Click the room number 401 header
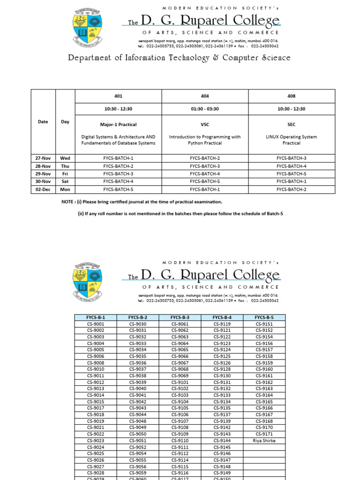tap(118, 96)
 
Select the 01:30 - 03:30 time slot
tap(205, 109)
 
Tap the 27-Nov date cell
tap(43, 158)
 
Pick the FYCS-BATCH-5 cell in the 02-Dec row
tap(118, 189)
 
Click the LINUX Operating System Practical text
tap(291, 140)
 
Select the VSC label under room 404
tap(205, 125)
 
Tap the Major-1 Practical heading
tap(118, 125)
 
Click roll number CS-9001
tap(96, 324)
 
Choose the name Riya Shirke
tap(264, 441)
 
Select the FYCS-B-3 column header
tap(180, 317)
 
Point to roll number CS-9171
tap(264, 434)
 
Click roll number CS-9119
tap(222, 324)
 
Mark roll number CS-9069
tap(180, 376)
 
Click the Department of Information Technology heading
tap(180, 58)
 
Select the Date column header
tap(43, 122)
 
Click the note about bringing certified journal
tap(139, 202)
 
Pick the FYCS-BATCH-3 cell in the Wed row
tap(291, 158)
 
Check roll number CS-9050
tap(138, 434)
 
